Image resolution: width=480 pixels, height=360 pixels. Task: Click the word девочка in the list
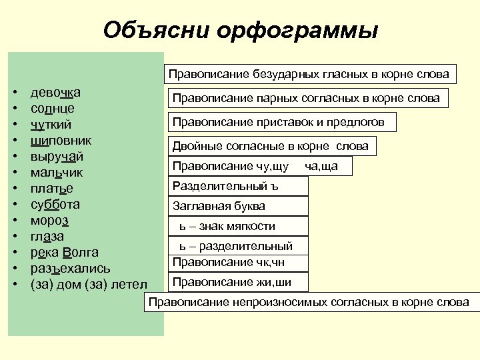pyautogui.click(x=56, y=92)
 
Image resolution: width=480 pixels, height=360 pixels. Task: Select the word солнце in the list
pyautogui.click(x=53, y=108)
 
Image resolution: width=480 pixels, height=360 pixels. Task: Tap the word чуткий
pyautogui.click(x=51, y=124)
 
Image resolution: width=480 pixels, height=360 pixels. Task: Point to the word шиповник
pyautogui.click(x=61, y=140)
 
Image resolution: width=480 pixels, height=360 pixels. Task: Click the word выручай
pyautogui.click(x=57, y=157)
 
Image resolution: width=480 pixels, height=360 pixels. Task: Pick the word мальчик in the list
pyautogui.click(x=57, y=173)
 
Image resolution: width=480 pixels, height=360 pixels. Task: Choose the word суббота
pyautogui.click(x=55, y=205)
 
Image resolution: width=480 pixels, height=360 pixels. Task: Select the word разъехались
pyautogui.click(x=71, y=269)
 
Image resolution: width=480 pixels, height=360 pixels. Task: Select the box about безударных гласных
pyautogui.click(x=308, y=73)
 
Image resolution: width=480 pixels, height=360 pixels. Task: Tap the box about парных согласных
pyautogui.click(x=306, y=98)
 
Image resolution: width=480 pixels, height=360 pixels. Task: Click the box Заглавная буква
pyautogui.click(x=236, y=206)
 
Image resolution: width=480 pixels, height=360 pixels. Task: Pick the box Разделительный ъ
pyautogui.click(x=236, y=186)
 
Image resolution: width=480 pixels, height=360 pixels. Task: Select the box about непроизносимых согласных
pyautogui.click(x=309, y=303)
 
